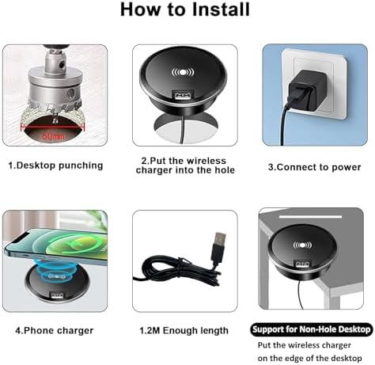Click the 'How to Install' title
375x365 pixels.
(x=185, y=10)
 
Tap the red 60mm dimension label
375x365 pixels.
(x=53, y=136)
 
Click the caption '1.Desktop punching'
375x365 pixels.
(x=55, y=165)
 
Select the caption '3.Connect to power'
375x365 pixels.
(x=314, y=167)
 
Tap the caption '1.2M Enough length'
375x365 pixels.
(x=184, y=330)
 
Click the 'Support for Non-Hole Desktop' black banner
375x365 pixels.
(x=311, y=329)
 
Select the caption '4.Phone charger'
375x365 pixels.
(x=55, y=331)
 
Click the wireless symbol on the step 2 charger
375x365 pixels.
(x=183, y=72)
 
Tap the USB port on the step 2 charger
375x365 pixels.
(x=183, y=95)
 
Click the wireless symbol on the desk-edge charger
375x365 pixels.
(x=302, y=245)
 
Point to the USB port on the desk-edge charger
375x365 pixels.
(x=303, y=264)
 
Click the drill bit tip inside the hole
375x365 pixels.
(x=55, y=121)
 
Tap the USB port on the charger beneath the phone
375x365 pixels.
(x=58, y=295)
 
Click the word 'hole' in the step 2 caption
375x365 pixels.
(x=225, y=170)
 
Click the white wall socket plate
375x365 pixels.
(x=314, y=85)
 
